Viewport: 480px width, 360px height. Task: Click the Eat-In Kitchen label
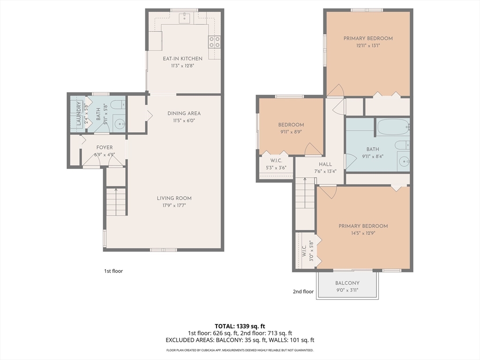182,59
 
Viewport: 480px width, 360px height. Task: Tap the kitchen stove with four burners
214,42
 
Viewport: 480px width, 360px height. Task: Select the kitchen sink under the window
185,17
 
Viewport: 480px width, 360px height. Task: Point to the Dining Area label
184,113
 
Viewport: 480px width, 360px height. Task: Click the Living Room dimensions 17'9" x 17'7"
174,205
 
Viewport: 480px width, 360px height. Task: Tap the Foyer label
105,148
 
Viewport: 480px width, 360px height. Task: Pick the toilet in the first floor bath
118,105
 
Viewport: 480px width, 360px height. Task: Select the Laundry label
78,113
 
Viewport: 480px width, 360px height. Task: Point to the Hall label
325,164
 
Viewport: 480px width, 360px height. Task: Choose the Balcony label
347,283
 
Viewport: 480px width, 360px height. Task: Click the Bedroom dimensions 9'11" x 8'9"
291,132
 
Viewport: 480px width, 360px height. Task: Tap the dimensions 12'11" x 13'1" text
368,45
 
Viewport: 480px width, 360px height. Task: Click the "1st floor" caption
113,271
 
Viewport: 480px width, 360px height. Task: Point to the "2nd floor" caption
303,292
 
